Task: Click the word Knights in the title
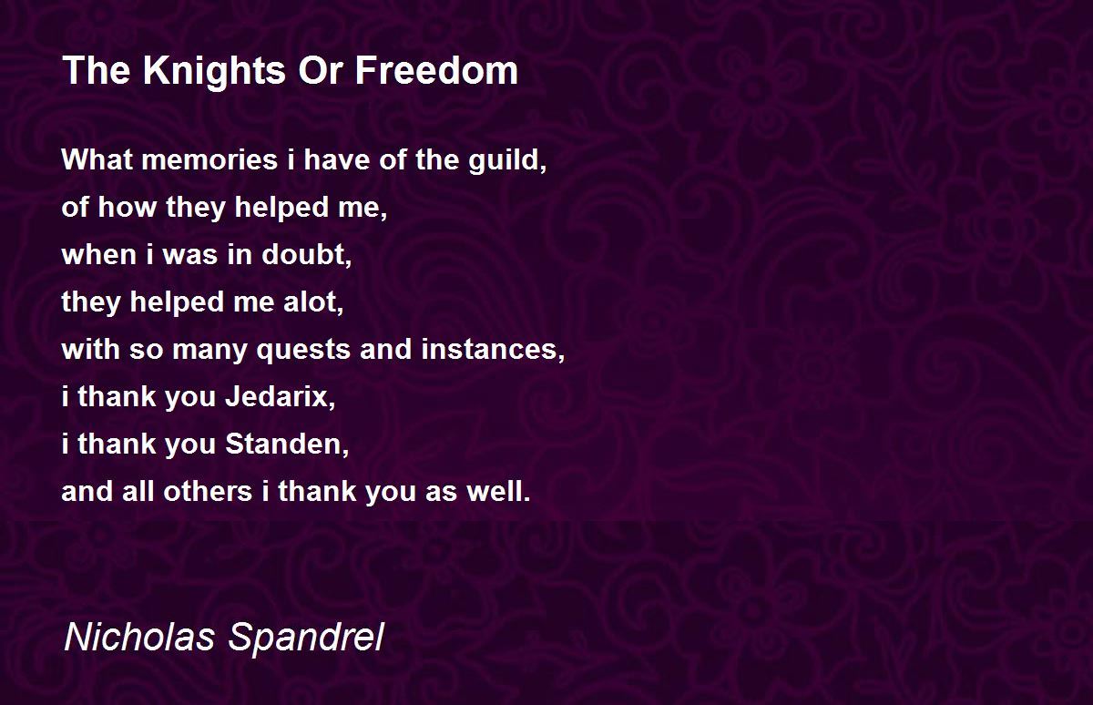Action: point(214,72)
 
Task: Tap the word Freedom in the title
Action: point(436,70)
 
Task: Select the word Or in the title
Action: point(320,70)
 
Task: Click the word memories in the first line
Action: point(209,159)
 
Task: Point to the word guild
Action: point(507,161)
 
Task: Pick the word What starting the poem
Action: point(97,159)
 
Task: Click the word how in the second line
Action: point(127,207)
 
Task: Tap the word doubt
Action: point(306,255)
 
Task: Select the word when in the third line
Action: point(99,255)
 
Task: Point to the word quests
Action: point(303,351)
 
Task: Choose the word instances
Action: point(493,350)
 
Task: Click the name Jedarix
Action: point(281,396)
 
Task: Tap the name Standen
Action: point(287,444)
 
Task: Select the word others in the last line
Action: point(208,491)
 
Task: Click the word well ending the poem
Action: point(498,491)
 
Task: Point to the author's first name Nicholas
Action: point(139,637)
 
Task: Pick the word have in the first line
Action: point(337,159)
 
